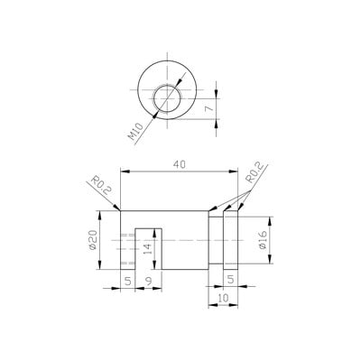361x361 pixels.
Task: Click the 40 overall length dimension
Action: [180, 164]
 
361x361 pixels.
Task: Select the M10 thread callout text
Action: [135, 132]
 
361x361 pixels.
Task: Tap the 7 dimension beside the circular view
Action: [209, 108]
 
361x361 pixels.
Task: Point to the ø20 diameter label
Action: [93, 240]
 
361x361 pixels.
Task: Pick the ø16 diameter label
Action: [263, 240]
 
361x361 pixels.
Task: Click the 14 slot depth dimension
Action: [148, 249]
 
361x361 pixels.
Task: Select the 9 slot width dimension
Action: [149, 281]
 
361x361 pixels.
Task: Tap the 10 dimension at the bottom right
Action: [223, 298]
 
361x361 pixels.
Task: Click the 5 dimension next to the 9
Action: [128, 281]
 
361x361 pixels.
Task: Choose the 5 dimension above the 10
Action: [230, 280]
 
